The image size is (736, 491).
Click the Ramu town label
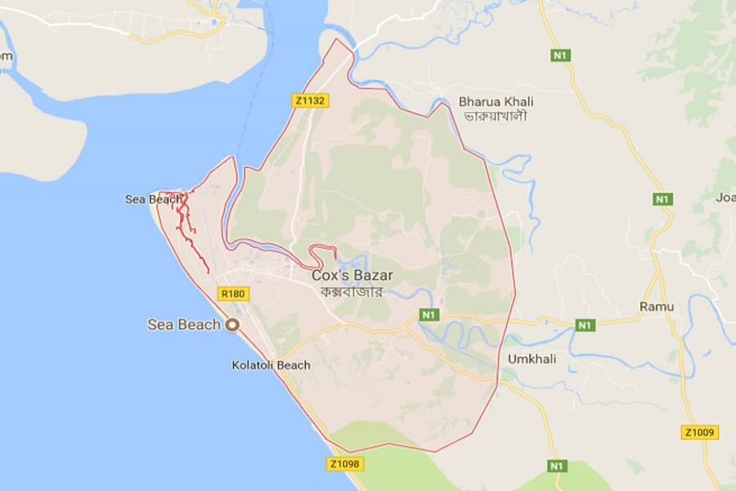[x=657, y=306]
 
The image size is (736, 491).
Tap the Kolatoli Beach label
[x=271, y=365]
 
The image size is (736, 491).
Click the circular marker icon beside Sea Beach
[x=232, y=325]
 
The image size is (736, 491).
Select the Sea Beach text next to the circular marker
[x=184, y=325]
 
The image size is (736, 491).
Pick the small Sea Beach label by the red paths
[x=153, y=199]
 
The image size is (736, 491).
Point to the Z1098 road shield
[x=344, y=464]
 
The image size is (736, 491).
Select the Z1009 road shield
[x=699, y=432]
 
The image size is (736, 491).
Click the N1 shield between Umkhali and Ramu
[x=584, y=326]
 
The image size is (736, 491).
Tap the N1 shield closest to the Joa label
[x=662, y=199]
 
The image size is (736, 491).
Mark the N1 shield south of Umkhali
[x=557, y=466]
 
